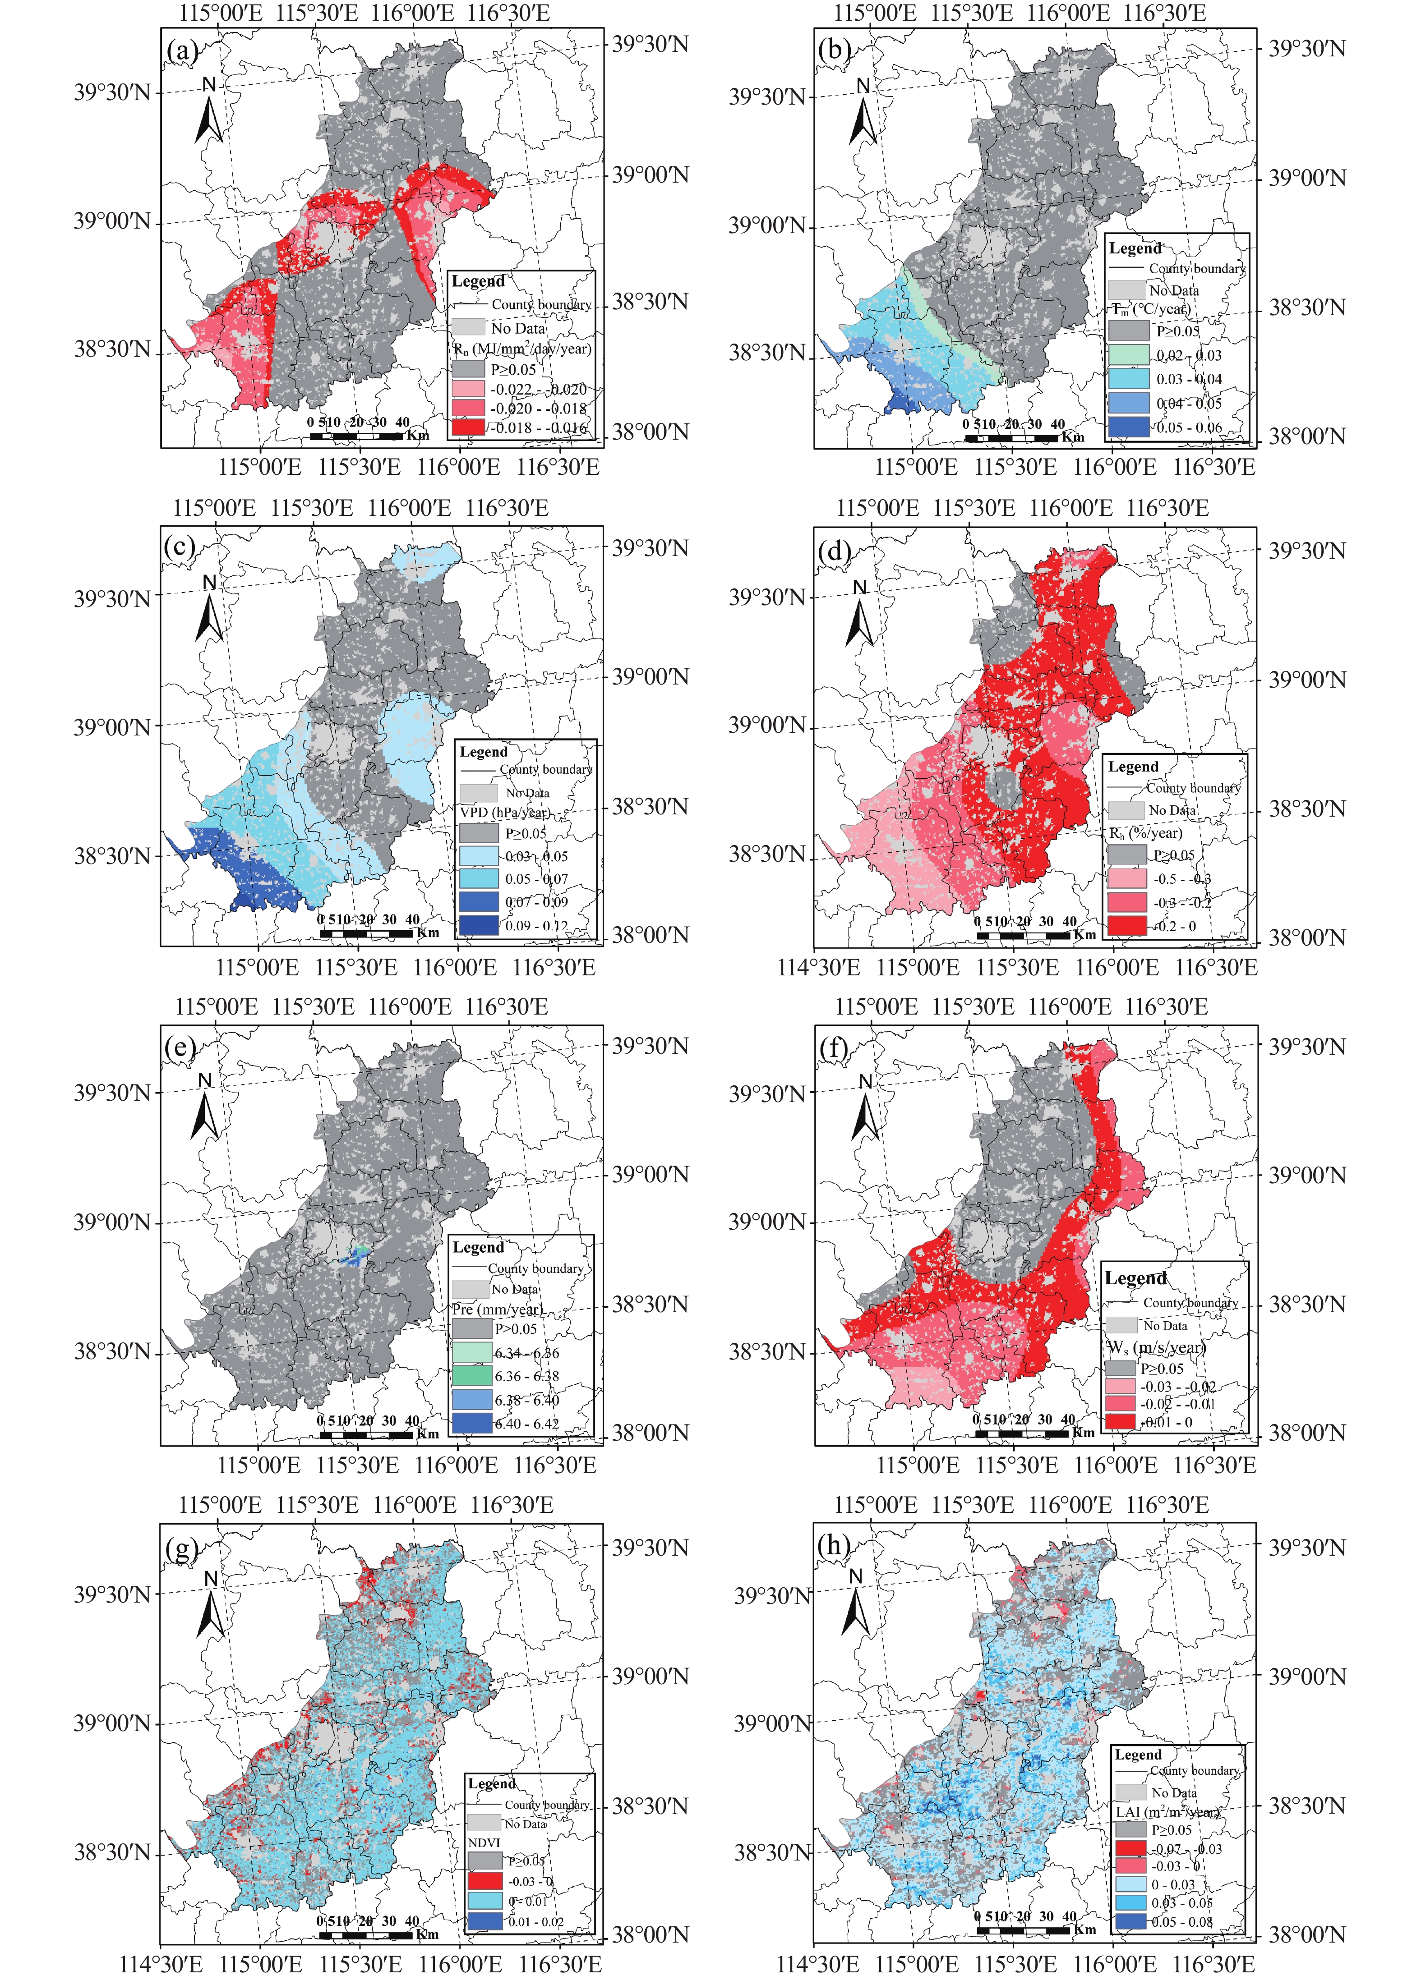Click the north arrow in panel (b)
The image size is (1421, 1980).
863,114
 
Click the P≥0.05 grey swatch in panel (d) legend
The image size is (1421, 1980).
1127,854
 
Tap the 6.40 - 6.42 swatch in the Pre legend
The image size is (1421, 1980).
471,1423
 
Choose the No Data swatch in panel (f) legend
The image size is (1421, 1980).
1121,1325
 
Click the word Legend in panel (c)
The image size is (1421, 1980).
483,752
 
